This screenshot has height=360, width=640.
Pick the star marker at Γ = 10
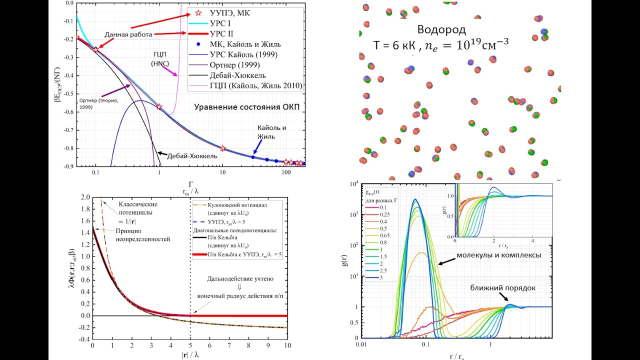click(x=222, y=148)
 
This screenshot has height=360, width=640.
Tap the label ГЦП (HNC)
click(x=159, y=58)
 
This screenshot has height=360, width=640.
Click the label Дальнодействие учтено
click(x=239, y=278)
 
